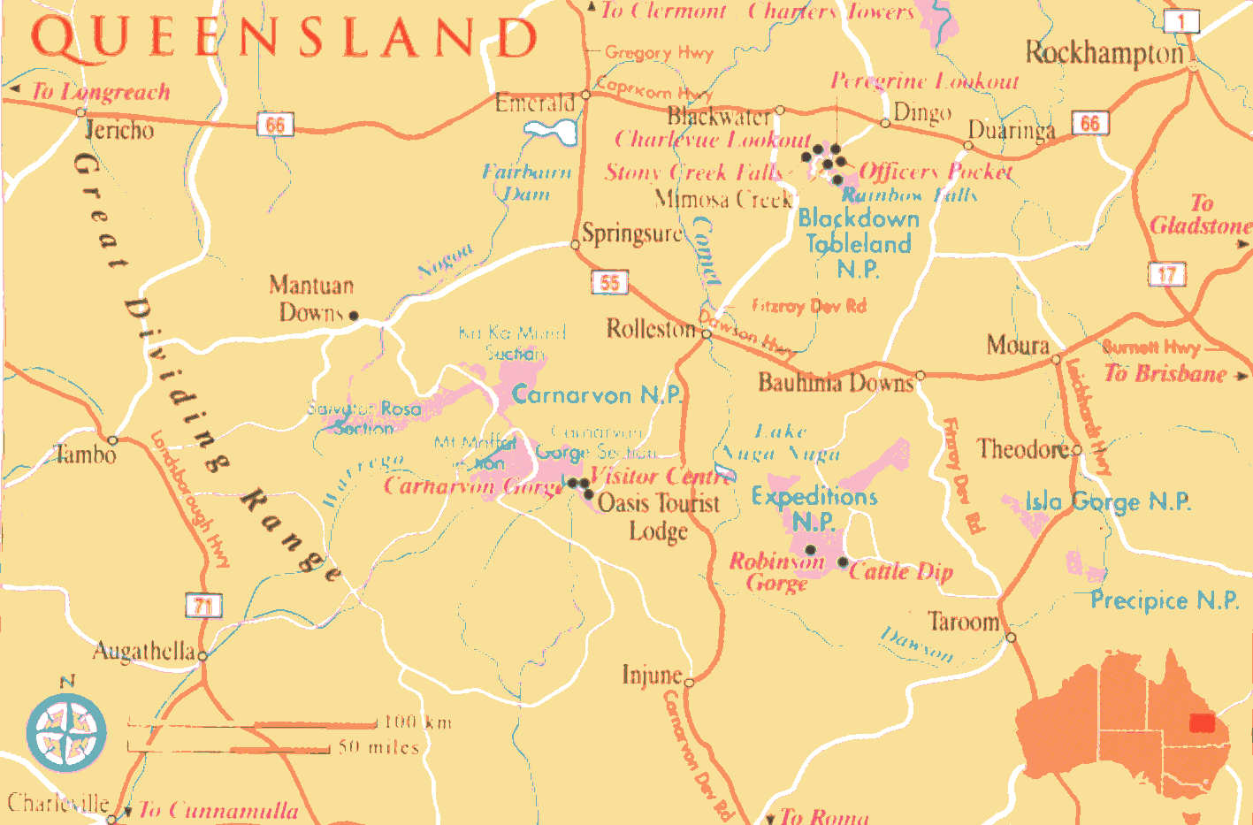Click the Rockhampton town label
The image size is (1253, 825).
pyautogui.click(x=1104, y=53)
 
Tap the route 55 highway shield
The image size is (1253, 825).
pyautogui.click(x=609, y=282)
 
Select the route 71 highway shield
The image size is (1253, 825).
pyautogui.click(x=203, y=606)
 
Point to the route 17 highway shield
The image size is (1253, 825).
pyautogui.click(x=1166, y=274)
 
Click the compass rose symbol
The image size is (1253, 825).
pyautogui.click(x=66, y=732)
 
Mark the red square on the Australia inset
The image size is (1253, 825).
pyautogui.click(x=1202, y=723)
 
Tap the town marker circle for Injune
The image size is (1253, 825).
pyautogui.click(x=689, y=682)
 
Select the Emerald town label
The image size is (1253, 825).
pyautogui.click(x=534, y=103)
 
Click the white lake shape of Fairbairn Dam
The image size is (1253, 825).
pyautogui.click(x=552, y=133)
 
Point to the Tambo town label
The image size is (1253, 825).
pyautogui.click(x=85, y=455)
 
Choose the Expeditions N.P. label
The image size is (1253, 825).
pyautogui.click(x=814, y=508)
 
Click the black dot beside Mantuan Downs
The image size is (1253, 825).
pyautogui.click(x=354, y=316)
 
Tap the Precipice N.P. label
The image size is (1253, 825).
pyautogui.click(x=1164, y=600)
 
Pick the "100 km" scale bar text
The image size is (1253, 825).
pyautogui.click(x=418, y=722)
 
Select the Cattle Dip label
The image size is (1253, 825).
pyautogui.click(x=901, y=571)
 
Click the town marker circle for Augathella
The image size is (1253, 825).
pyautogui.click(x=202, y=656)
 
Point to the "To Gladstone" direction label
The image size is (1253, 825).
pyautogui.click(x=1200, y=215)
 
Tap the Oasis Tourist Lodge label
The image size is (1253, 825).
pyautogui.click(x=659, y=516)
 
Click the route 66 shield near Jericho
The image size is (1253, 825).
pyautogui.click(x=275, y=125)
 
